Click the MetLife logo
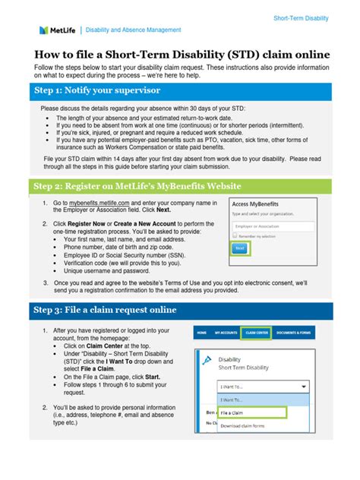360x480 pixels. tap(57, 30)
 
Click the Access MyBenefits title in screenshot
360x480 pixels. tap(262, 205)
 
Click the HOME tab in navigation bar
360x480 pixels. tap(201, 333)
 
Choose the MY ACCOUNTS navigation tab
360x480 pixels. tap(226, 333)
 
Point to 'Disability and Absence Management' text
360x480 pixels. tap(133, 30)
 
